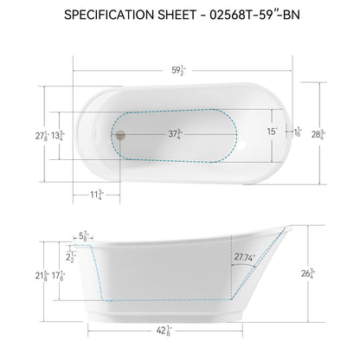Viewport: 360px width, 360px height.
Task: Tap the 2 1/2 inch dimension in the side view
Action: [x=71, y=256]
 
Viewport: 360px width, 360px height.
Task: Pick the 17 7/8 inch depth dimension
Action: [x=58, y=275]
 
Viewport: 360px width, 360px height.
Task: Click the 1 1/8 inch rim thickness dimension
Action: [x=297, y=132]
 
